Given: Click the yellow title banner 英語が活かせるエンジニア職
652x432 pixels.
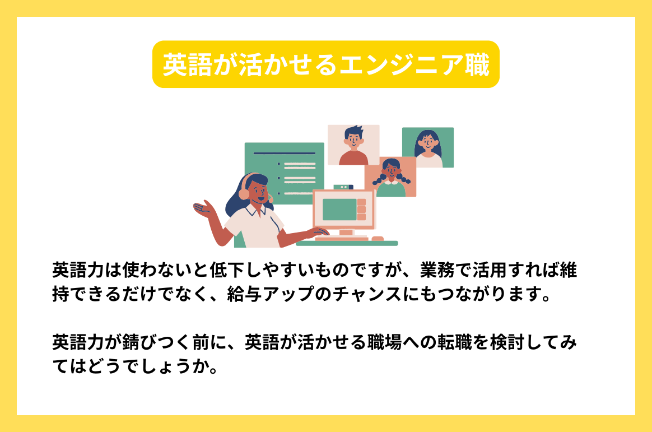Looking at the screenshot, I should coord(325,64).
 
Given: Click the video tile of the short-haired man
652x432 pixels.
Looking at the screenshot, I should coord(353,145).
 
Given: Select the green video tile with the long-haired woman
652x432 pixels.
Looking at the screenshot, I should coord(428,147).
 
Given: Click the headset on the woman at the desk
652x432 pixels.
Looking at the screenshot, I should coord(244,192).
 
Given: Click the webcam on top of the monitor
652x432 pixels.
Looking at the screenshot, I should coord(343,187).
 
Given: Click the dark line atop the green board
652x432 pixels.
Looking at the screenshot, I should coord(284,152).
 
